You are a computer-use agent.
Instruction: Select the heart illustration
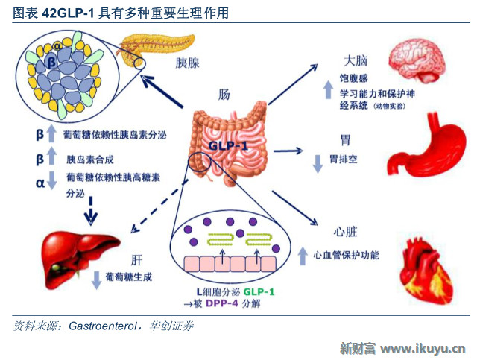(426, 267)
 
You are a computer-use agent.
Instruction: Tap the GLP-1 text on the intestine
(228, 146)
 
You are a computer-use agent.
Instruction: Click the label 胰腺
(187, 63)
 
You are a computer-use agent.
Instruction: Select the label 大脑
(356, 60)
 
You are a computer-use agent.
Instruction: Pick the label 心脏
(345, 232)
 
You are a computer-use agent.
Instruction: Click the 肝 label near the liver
(136, 260)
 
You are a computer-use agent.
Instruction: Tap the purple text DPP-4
(222, 303)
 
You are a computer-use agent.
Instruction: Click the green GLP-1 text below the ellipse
(259, 292)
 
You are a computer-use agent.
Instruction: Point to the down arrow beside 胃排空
(318, 164)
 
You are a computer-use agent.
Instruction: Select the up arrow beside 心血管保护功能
(303, 256)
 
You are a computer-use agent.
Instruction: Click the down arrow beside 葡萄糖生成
(96, 280)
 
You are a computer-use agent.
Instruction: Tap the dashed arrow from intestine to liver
(159, 206)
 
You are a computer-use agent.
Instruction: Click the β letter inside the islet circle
(51, 62)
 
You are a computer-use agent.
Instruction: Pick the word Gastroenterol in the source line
(103, 326)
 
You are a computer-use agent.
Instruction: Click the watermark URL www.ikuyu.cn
(423, 349)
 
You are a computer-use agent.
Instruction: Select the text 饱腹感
(353, 78)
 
